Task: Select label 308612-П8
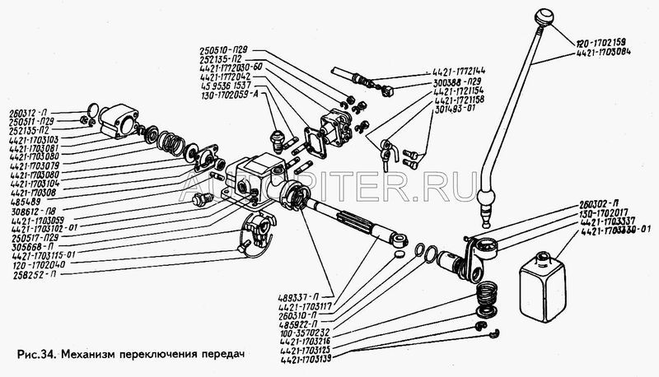click(x=29, y=211)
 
